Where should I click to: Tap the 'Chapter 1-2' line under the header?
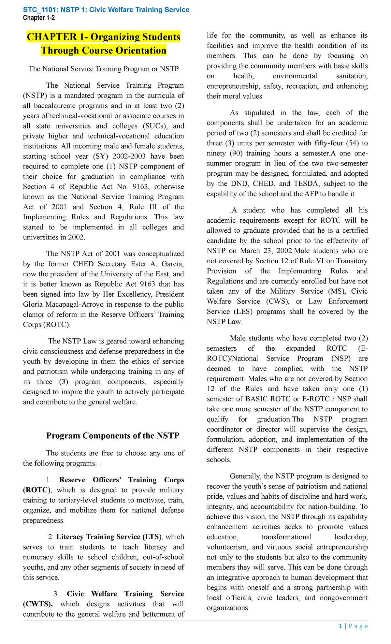pos(39,18)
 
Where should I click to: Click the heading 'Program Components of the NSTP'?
pos(113,436)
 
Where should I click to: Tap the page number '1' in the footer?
pos(340,626)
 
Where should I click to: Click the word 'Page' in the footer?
pos(358,626)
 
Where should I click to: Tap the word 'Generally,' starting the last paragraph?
pos(246,476)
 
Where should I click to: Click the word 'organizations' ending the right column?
pos(227,608)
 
